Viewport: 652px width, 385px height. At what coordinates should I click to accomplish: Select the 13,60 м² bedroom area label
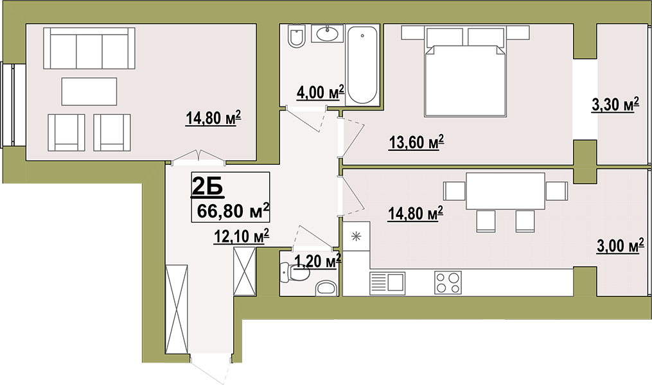pyautogui.click(x=416, y=142)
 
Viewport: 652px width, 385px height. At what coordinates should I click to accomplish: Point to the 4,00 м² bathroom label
pyautogui.click(x=320, y=92)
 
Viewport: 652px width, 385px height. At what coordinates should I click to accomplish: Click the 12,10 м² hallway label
pyautogui.click(x=241, y=236)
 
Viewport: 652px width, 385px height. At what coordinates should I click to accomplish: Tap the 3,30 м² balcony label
pyautogui.click(x=615, y=105)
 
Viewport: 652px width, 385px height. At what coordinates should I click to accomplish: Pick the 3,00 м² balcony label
pyautogui.click(x=621, y=246)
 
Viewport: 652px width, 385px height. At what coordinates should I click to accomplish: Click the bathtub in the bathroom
pyautogui.click(x=362, y=65)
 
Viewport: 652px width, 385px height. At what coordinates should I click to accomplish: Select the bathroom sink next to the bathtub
pyautogui.click(x=328, y=33)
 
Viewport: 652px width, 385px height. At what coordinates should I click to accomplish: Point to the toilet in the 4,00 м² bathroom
pyautogui.click(x=296, y=37)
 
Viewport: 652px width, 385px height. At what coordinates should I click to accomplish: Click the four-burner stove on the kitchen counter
pyautogui.click(x=448, y=282)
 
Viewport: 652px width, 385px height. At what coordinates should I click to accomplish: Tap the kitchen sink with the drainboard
pyautogui.click(x=387, y=283)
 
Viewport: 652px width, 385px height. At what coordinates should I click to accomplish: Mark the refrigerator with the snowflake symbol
pyautogui.click(x=357, y=236)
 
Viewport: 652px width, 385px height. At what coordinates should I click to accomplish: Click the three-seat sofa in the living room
pyautogui.click(x=89, y=48)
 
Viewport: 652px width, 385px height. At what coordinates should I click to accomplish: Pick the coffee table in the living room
pyautogui.click(x=89, y=91)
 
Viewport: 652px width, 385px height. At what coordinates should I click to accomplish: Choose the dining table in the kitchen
pyautogui.click(x=505, y=191)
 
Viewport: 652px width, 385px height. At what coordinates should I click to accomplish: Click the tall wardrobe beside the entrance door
pyautogui.click(x=177, y=309)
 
